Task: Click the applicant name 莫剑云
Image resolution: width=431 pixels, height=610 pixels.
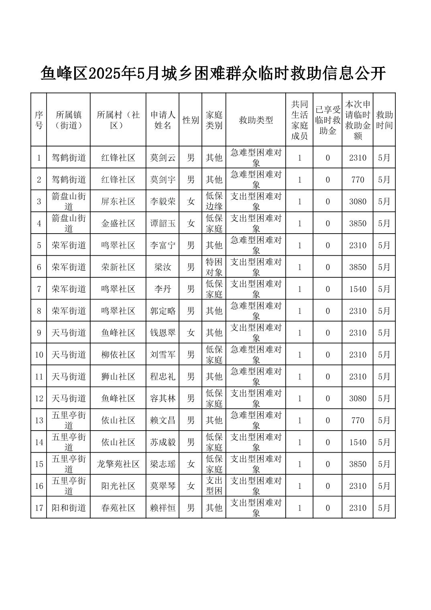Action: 163,158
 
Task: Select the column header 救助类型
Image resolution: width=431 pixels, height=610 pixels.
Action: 256,120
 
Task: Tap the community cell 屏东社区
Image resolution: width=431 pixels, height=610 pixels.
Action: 118,201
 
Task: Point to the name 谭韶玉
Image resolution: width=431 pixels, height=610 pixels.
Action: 163,224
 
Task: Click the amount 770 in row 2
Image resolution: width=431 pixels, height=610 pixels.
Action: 357,180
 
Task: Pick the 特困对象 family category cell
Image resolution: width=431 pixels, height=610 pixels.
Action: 214,267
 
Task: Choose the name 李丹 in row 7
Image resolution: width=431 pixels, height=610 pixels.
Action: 163,289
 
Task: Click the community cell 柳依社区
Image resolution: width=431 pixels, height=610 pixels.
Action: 118,355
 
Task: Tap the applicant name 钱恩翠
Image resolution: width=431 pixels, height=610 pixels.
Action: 163,333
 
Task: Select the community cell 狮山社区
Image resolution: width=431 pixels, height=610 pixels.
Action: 118,376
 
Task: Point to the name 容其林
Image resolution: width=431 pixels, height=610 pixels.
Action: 163,399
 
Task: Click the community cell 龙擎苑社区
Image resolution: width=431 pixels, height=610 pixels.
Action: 118,464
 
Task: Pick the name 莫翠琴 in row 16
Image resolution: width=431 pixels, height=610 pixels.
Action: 163,486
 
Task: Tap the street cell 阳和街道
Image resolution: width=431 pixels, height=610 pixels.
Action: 69,508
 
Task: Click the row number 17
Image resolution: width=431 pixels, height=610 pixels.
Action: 39,508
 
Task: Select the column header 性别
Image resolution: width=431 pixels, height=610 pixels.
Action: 191,120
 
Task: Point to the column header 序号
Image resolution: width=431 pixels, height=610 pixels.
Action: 39,120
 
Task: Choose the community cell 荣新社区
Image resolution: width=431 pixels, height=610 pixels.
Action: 118,267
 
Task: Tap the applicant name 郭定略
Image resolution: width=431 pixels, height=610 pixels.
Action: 163,311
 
